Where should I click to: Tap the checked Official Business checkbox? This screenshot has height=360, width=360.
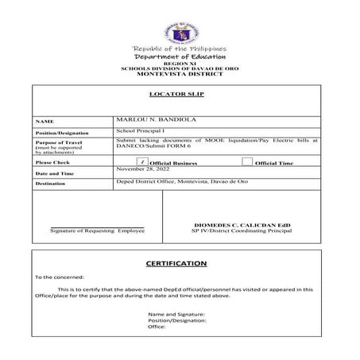pyautogui.click(x=141, y=161)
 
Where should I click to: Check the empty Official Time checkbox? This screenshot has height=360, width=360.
pyautogui.click(x=247, y=161)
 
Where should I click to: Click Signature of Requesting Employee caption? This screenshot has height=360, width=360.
pyautogui.click(x=97, y=230)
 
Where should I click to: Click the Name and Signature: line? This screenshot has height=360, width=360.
pyautogui.click(x=176, y=314)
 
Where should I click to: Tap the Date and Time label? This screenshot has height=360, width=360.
pyautogui.click(x=54, y=172)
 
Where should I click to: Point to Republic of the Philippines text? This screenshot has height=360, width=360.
pyautogui.click(x=180, y=48)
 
